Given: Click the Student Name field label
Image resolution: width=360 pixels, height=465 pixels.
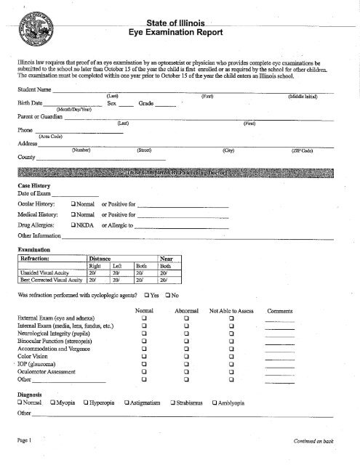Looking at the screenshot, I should click(34, 89).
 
